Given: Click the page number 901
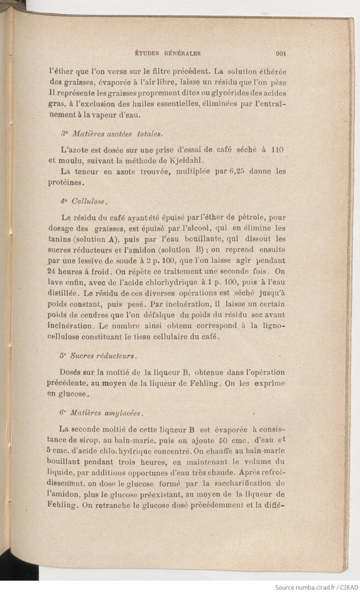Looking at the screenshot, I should (x=281, y=54).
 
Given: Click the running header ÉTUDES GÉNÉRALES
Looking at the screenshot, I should (x=168, y=54).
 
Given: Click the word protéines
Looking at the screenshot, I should (x=65, y=182).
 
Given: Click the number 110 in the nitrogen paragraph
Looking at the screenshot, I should (x=277, y=149).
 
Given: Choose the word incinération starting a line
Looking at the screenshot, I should (x=70, y=325).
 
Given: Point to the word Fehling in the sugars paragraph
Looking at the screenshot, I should (x=203, y=383).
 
